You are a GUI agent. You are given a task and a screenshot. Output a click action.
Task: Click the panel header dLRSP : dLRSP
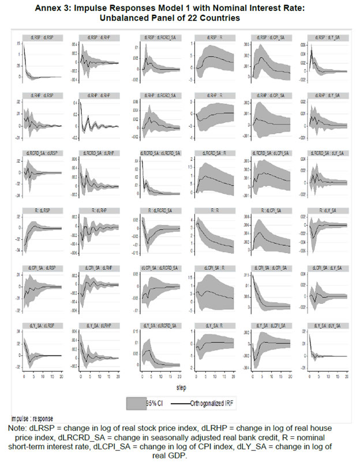(x=37, y=38)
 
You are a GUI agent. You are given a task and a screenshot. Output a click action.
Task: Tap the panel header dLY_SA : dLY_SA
(x=327, y=326)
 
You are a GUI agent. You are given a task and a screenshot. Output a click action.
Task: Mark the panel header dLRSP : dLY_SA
(x=327, y=38)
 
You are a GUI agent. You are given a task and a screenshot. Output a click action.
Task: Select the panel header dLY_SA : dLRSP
(x=37, y=326)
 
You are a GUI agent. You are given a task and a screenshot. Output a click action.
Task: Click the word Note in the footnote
(x=18, y=427)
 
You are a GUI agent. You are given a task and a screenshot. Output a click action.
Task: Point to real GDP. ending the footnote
(x=183, y=455)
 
